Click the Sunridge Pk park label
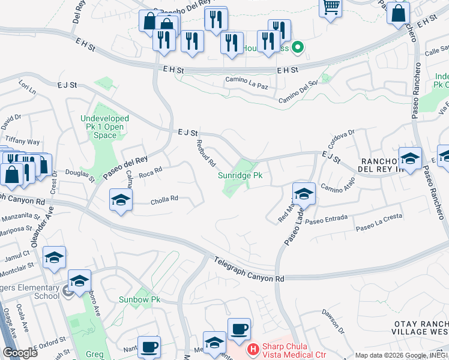pos(240,175)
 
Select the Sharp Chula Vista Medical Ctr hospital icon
pos(253,348)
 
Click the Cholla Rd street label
pos(165,198)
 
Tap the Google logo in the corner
pos(20,352)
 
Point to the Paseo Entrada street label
pos(324,221)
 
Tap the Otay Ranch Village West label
pos(421,328)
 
